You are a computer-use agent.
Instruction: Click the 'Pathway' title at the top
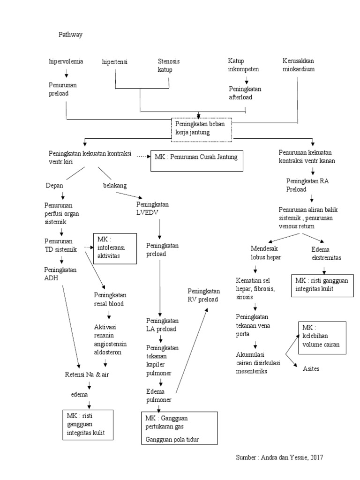(x=70, y=35)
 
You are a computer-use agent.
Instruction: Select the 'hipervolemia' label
(x=66, y=61)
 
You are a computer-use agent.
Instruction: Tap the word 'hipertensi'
(x=115, y=62)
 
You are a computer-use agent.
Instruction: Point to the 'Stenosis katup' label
(x=168, y=66)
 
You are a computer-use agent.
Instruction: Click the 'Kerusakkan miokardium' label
(x=299, y=65)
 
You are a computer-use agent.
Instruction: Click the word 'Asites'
(x=313, y=368)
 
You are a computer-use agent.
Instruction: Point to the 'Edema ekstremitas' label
(x=326, y=254)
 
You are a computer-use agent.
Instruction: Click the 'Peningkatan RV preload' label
(x=203, y=295)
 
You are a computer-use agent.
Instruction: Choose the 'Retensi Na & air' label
(x=89, y=375)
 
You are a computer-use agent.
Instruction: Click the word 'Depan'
(x=54, y=186)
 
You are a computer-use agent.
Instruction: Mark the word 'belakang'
(x=115, y=186)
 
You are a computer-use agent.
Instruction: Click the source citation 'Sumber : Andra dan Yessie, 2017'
(x=279, y=457)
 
